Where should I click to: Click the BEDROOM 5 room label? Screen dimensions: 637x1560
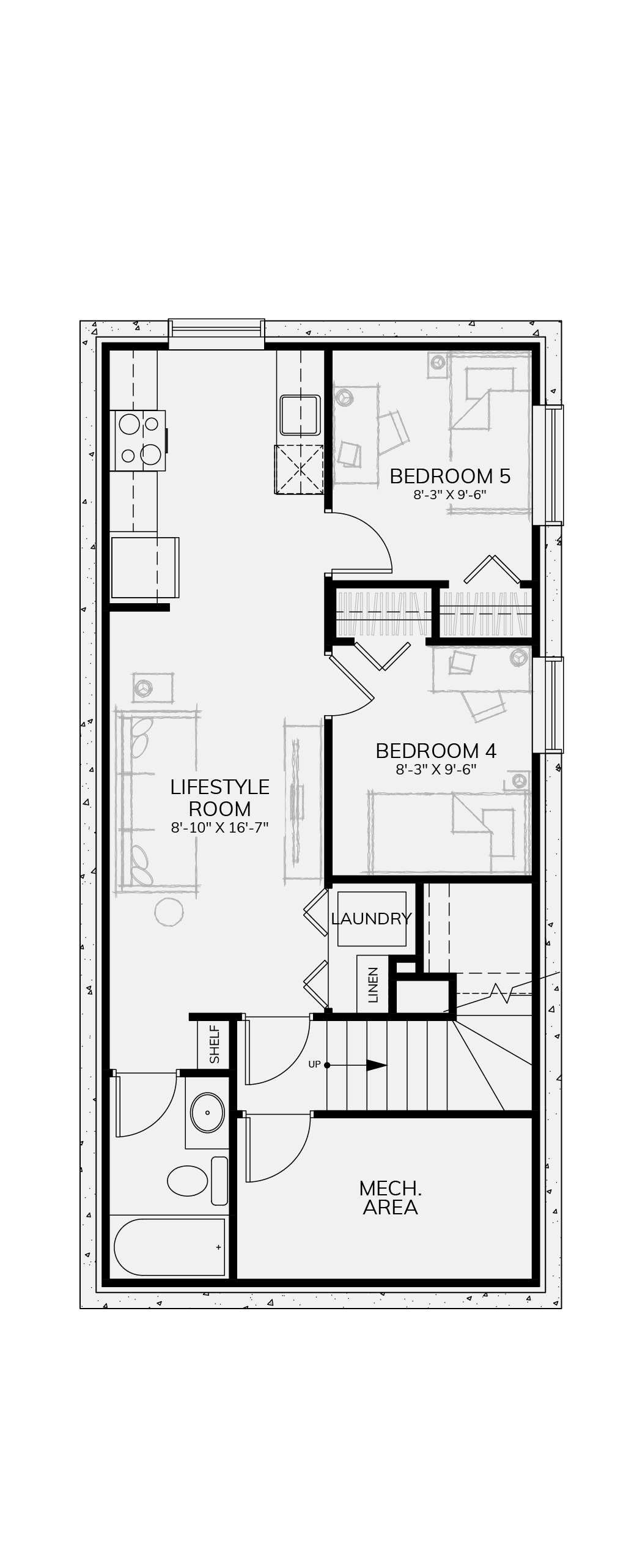click(450, 475)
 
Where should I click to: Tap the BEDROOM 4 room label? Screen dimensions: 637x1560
click(436, 750)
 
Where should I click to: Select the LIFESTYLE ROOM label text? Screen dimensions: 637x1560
click(219, 797)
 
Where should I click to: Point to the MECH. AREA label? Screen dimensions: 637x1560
click(390, 1198)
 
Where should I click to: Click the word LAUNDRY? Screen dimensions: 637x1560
click(371, 918)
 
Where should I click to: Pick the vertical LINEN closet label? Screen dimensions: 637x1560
click(374, 984)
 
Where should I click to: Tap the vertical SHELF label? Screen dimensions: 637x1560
click(214, 1044)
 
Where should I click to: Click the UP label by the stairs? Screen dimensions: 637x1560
click(314, 1064)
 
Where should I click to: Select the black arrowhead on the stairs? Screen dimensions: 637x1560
click(377, 1065)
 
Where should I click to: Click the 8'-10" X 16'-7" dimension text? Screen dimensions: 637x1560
click(219, 828)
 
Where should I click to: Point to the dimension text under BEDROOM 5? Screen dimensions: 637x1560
click(450, 494)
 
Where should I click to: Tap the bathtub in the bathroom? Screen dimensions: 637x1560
click(169, 1247)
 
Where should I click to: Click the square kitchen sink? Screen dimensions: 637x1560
click(300, 415)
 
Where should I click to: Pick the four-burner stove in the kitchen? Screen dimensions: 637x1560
click(139, 440)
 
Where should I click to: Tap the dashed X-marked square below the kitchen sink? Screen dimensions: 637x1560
click(300, 469)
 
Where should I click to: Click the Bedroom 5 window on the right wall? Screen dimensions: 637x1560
click(548, 465)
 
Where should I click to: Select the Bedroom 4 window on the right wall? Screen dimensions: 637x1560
click(548, 705)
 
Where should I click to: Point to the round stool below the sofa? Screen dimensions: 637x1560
click(169, 912)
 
